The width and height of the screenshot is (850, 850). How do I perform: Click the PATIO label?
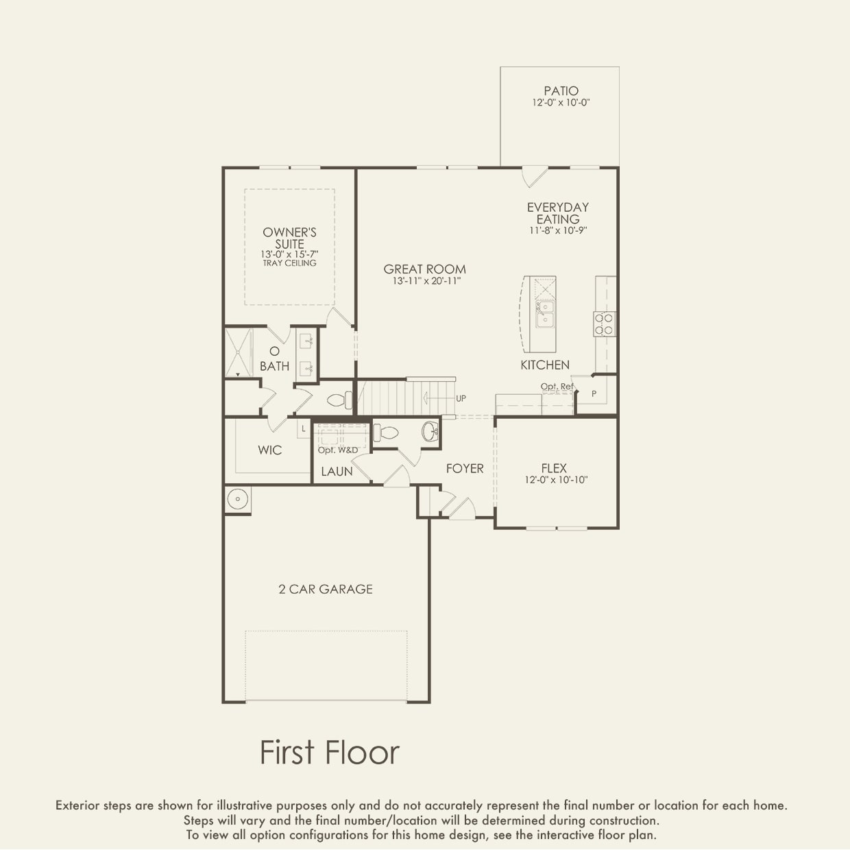(561, 90)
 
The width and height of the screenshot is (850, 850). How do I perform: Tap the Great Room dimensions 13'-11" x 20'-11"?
(424, 282)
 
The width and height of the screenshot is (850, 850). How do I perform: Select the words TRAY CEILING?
(289, 263)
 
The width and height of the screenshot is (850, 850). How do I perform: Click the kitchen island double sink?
(546, 314)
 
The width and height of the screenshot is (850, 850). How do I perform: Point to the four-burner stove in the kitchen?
(604, 324)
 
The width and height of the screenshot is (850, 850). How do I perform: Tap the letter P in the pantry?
(594, 393)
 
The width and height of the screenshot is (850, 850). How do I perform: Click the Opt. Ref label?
(557, 387)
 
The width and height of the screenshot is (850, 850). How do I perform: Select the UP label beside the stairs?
(461, 398)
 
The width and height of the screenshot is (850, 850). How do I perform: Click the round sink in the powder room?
(430, 432)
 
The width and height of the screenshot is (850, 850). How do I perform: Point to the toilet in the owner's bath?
(339, 400)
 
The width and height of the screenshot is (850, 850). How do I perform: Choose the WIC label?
(269, 450)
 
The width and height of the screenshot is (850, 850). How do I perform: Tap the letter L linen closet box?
(304, 429)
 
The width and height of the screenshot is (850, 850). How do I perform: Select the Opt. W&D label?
(337, 450)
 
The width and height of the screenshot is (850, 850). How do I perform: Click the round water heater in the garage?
(237, 499)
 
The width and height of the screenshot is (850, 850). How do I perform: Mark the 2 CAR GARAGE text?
(326, 589)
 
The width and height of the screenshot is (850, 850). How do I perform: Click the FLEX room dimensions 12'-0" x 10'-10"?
(556, 481)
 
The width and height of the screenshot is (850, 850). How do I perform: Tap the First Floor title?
(329, 752)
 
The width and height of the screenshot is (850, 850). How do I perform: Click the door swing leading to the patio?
(533, 177)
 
